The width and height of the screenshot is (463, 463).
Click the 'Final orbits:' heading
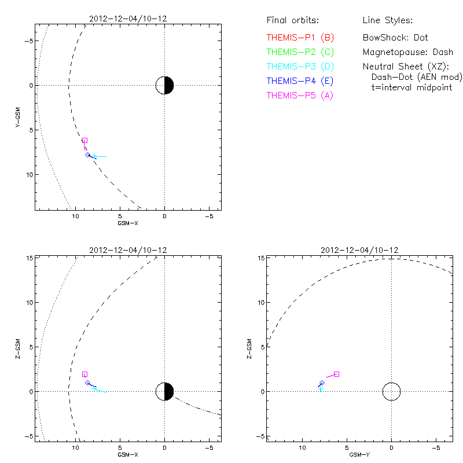tap(293, 21)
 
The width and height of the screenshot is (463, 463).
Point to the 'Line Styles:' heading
tap(387, 21)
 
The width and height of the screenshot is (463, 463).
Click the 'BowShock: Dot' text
tap(395, 38)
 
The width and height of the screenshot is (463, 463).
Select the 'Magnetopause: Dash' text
tap(407, 52)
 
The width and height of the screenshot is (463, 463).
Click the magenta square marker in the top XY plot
tap(84, 141)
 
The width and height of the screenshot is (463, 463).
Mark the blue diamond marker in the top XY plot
tap(88, 155)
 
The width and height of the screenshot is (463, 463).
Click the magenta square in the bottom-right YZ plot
tap(336, 374)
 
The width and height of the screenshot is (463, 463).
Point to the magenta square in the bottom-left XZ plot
tap(84, 374)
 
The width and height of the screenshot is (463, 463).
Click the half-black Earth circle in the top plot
tap(165, 85)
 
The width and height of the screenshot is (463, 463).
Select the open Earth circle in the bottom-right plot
tap(391, 391)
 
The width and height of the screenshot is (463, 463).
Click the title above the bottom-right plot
tap(359, 250)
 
